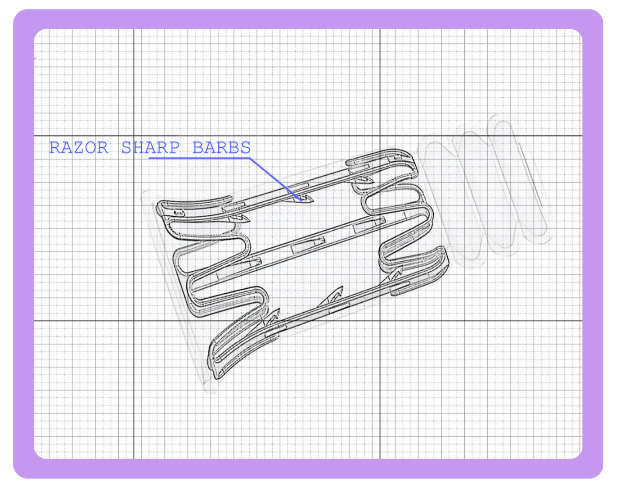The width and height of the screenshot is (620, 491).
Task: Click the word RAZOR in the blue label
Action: [79, 148]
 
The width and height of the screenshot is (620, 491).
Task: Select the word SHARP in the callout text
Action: [150, 148]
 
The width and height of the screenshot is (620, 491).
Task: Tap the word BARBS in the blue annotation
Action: [221, 148]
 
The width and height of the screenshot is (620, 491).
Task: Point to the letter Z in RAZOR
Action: [79, 148]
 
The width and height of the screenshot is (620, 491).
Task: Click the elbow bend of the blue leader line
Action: [250, 158]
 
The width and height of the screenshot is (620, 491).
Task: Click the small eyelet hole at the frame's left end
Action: [179, 212]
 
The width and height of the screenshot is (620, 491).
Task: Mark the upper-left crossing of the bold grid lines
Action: [134, 136]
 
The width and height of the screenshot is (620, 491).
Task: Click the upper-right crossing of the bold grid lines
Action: [380, 136]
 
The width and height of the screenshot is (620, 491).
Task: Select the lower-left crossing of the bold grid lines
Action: [134, 321]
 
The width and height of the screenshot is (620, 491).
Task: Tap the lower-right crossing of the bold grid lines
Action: [380, 321]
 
